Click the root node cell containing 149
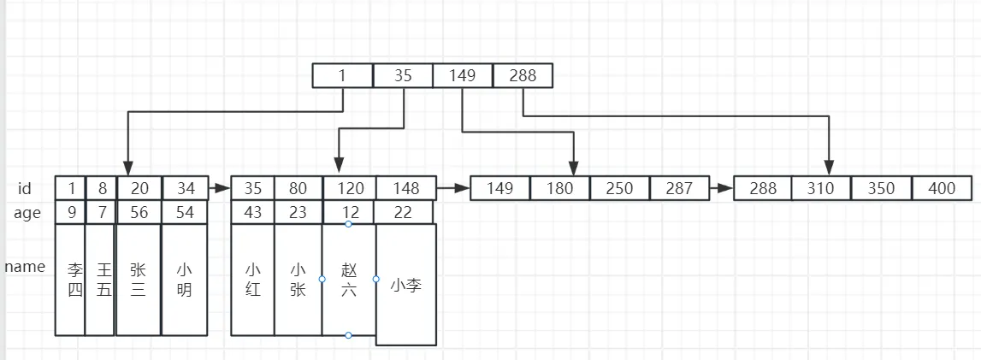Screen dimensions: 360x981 463,76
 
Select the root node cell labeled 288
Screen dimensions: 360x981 523,76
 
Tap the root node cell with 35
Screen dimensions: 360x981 403,76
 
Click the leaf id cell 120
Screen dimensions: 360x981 348,188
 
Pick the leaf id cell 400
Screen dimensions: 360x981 942,188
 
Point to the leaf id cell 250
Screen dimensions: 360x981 619,188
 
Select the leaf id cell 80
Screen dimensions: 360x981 298,188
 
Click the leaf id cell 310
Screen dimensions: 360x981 821,188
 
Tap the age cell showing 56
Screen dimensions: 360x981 138,212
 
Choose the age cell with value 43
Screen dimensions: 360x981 252,212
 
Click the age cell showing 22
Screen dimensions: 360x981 404,212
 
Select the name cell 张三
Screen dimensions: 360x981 138,280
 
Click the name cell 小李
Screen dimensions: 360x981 405,284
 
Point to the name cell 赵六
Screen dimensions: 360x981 348,280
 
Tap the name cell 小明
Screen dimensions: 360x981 184,280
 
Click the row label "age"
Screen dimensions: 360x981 27,213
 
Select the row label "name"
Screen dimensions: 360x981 25,267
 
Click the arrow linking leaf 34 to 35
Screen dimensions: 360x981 220,188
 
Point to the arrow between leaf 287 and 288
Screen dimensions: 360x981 721,188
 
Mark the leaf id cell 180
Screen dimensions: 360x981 559,188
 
